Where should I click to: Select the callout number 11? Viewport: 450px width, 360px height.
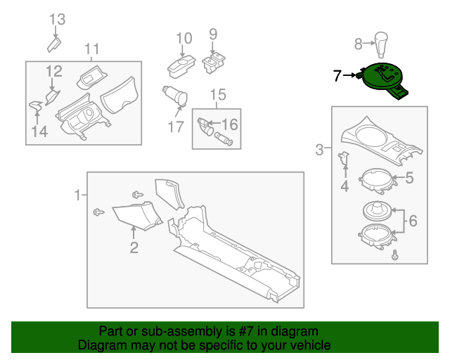pyautogui.click(x=92, y=49)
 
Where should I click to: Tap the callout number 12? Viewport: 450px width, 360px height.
pyautogui.click(x=54, y=71)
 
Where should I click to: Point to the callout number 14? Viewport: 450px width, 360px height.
pyautogui.click(x=39, y=131)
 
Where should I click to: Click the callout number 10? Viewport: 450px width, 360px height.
pyautogui.click(x=184, y=38)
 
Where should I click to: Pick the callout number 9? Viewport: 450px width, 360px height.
pyautogui.click(x=213, y=34)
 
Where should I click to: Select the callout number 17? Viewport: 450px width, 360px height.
pyautogui.click(x=175, y=127)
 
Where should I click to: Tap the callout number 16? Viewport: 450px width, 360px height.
pyautogui.click(x=230, y=124)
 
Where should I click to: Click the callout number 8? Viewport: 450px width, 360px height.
pyautogui.click(x=358, y=44)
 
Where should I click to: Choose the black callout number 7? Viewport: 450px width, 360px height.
pyautogui.click(x=337, y=75)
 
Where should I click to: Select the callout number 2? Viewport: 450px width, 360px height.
pyautogui.click(x=134, y=247)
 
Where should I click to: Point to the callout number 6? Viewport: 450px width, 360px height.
pyautogui.click(x=413, y=221)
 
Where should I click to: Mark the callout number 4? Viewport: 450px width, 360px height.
pyautogui.click(x=345, y=186)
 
